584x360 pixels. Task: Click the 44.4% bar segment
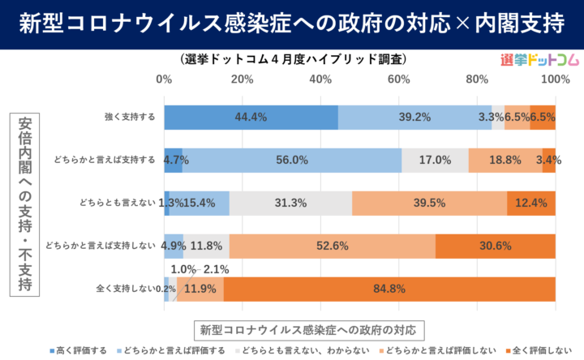pos(251,118)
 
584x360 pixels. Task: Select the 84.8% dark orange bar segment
pos(389,289)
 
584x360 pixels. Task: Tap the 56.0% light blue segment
pos(292,161)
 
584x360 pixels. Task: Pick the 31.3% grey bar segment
pos(290,203)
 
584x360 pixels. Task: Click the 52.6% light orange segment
pos(333,246)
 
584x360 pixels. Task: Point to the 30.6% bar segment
pos(496,246)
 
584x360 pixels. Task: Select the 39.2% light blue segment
pos(414,118)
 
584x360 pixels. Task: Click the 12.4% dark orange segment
pos(531,203)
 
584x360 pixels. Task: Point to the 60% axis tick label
pos(398,79)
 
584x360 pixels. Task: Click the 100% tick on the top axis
pos(555,79)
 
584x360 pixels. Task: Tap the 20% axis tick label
pos(242,79)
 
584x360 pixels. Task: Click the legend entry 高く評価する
pos(80,350)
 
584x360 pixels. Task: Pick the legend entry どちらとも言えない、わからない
pos(307,350)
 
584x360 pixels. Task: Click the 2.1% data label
pos(216,269)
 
